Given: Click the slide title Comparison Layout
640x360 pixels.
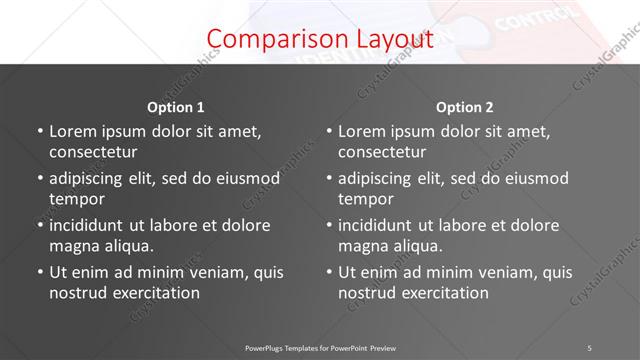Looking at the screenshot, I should [x=320, y=39].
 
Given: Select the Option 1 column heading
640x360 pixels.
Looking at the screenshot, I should [x=176, y=107].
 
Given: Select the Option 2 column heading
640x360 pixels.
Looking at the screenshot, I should [x=465, y=107].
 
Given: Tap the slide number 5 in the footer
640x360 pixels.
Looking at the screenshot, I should [x=589, y=347].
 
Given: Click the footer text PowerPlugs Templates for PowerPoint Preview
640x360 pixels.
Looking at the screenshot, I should [x=320, y=347].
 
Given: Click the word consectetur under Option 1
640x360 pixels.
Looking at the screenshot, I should [x=93, y=152].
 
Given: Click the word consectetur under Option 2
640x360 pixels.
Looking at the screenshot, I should [x=382, y=152].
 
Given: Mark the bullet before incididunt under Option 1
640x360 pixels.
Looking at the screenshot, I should [x=39, y=225].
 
